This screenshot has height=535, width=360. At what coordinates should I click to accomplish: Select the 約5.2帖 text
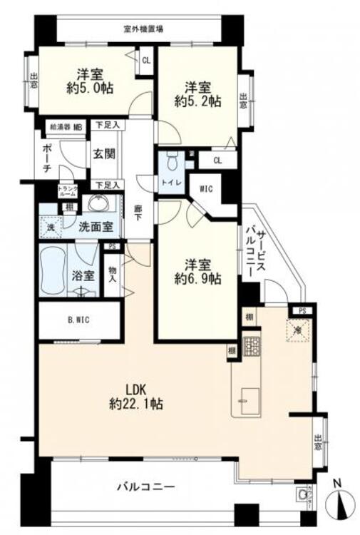tap(197, 101)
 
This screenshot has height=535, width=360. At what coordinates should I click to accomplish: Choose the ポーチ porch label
tap(47, 156)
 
